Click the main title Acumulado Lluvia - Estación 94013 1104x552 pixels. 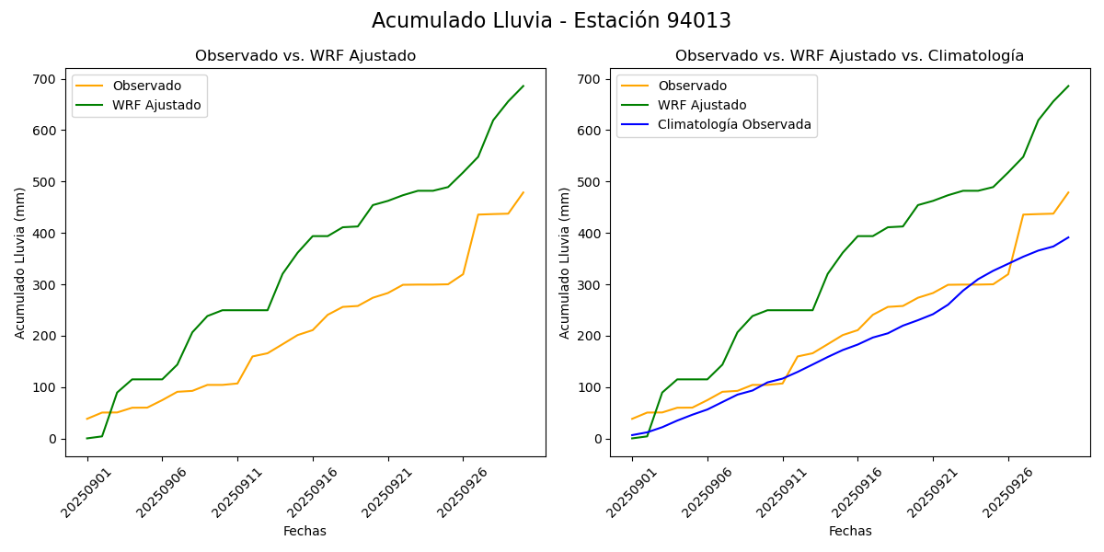551,21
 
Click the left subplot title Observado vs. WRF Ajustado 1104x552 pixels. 305,56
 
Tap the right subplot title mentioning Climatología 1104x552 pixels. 849,56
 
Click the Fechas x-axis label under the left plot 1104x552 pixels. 305,531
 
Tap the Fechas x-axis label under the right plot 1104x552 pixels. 849,531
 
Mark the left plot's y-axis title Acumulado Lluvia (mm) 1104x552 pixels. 20,262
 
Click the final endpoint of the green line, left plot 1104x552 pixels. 523,86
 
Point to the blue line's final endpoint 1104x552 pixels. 1068,237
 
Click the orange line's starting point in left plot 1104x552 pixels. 87,419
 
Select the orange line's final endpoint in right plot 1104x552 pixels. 1068,192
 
